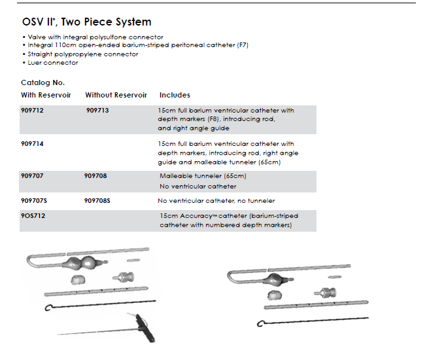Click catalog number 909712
(33, 111)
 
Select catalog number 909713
(97, 111)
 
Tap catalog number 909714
(33, 143)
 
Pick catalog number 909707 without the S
(33, 175)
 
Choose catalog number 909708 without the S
(96, 175)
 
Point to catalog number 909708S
(97, 200)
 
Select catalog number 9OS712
(33, 215)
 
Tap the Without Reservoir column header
(116, 96)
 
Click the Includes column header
(175, 96)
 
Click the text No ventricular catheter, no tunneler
(216, 200)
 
